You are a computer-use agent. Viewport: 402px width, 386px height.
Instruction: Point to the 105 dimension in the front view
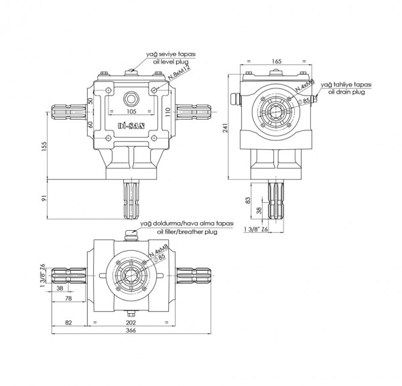tap(131, 111)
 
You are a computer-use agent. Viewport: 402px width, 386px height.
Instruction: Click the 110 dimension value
tap(168, 111)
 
